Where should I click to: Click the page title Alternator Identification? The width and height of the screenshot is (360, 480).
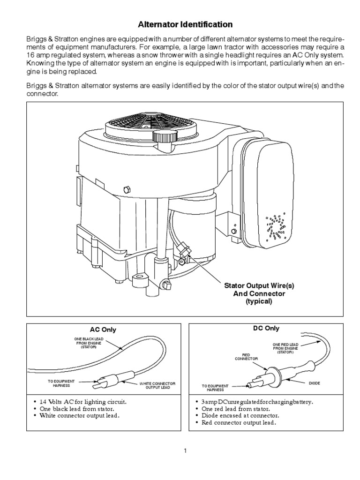point(184,23)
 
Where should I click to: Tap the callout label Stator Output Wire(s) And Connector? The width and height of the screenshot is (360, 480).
point(259,293)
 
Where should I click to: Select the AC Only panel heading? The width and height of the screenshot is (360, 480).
point(103,330)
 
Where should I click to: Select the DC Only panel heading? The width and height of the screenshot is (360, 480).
point(265,329)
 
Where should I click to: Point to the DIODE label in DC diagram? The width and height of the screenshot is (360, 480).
point(314,383)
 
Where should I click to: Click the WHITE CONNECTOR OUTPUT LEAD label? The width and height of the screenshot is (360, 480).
point(157,385)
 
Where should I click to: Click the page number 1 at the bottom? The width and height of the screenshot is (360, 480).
point(186,451)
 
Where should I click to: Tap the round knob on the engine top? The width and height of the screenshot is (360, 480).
point(162,137)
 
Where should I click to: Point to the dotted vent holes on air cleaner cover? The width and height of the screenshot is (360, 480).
point(276,225)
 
